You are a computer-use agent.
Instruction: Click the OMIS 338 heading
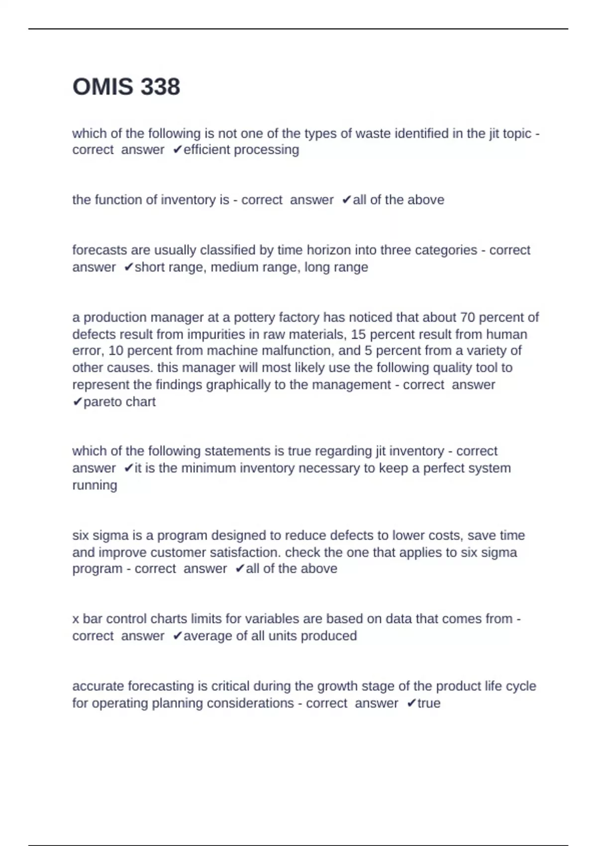(x=126, y=87)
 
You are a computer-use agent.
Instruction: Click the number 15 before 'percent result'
(x=359, y=334)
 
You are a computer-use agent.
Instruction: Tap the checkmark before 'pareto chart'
(x=77, y=402)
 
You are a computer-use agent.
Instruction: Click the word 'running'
(x=95, y=485)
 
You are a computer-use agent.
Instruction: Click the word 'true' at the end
(x=429, y=703)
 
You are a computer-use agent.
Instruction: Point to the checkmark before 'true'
(x=411, y=703)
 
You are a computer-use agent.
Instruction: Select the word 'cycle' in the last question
(x=520, y=686)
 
